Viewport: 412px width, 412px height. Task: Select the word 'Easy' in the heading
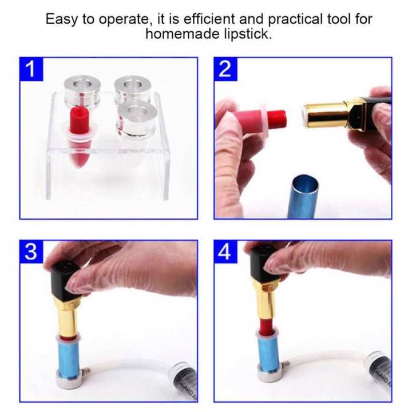click(61, 19)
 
